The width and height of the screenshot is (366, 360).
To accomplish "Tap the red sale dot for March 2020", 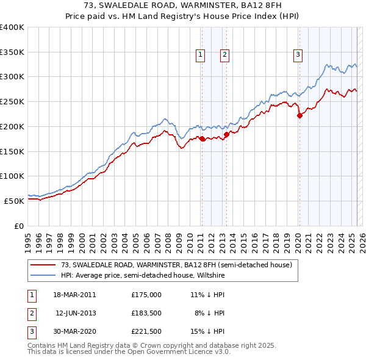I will click(x=300, y=115).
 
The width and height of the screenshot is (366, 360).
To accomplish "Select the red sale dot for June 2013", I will click(x=226, y=134).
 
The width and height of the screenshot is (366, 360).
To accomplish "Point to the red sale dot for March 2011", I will click(x=202, y=139).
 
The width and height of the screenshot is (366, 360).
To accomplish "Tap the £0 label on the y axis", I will click(x=19, y=226).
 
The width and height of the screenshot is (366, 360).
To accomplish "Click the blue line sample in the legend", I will click(x=43, y=275).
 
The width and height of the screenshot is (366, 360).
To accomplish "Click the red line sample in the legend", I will click(x=43, y=265).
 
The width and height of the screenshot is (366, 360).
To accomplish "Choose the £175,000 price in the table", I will click(x=146, y=294).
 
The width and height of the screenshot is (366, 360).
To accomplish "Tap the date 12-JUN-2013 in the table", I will click(x=77, y=313).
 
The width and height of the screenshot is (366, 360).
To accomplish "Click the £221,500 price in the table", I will click(x=146, y=332).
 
